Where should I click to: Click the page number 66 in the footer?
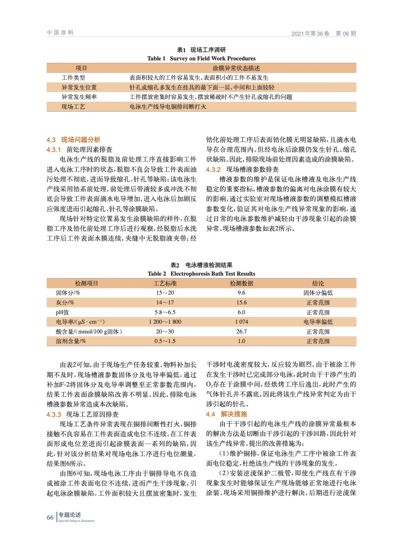point(50,517)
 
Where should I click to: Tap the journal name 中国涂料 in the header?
point(60,33)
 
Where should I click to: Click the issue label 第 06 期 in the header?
point(346,33)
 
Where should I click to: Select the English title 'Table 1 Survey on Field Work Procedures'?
point(201,58)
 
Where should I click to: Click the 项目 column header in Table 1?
point(81,68)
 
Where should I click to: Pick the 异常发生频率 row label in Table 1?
point(79,97)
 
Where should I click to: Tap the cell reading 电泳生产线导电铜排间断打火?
point(168,107)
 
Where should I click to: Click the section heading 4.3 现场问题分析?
point(73,140)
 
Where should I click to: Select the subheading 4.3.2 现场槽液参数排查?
point(242,169)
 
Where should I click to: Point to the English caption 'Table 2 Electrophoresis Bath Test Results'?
point(201,274)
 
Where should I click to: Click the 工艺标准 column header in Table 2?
point(165,283)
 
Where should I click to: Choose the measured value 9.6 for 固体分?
point(241,293)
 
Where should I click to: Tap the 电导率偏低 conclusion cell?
point(318,322)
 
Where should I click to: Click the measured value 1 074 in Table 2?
point(241,322)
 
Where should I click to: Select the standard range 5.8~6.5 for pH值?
point(165,312)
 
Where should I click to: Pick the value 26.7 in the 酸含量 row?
point(241,332)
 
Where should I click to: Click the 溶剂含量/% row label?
point(71,341)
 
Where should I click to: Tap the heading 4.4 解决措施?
point(226,414)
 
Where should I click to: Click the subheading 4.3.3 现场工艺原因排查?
point(83,414)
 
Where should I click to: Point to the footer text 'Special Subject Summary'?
point(76,521)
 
